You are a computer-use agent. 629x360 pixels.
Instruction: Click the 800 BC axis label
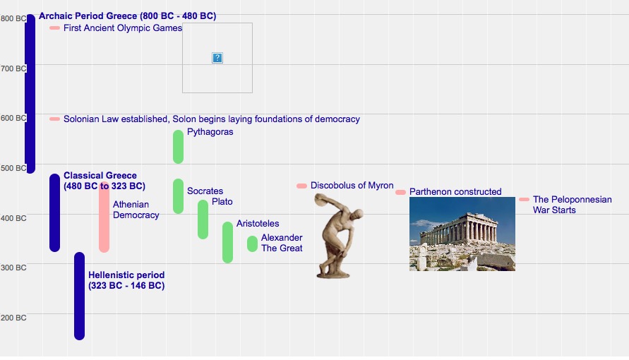point(13,18)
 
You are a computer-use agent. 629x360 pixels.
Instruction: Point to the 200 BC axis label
point(13,318)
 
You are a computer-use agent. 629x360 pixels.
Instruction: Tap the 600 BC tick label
point(13,118)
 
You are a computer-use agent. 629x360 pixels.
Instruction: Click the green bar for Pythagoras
point(178,147)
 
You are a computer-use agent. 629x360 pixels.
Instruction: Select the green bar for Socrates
point(178,196)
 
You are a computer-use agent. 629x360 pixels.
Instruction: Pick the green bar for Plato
point(203,220)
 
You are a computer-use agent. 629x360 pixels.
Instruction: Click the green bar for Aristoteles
point(227,242)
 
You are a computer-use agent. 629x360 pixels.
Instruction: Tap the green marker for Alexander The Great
point(252,244)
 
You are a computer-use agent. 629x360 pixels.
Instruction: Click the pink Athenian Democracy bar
point(104,217)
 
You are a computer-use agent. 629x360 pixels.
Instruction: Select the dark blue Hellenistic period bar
point(80,296)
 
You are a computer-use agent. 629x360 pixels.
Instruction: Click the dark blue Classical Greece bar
point(54,213)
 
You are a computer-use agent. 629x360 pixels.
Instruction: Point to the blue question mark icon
point(217,58)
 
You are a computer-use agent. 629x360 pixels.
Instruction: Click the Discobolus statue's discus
point(320,199)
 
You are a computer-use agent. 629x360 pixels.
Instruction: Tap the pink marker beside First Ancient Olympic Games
point(54,28)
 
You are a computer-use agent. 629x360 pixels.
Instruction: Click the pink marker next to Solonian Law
point(54,119)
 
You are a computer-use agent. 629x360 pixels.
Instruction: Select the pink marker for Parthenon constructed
point(400,193)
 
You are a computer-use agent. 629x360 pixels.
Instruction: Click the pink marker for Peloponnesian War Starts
point(524,200)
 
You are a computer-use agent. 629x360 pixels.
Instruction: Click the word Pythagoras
point(210,132)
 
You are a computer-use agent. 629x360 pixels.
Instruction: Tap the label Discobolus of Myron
point(352,186)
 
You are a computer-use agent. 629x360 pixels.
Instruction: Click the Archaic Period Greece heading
point(127,16)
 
